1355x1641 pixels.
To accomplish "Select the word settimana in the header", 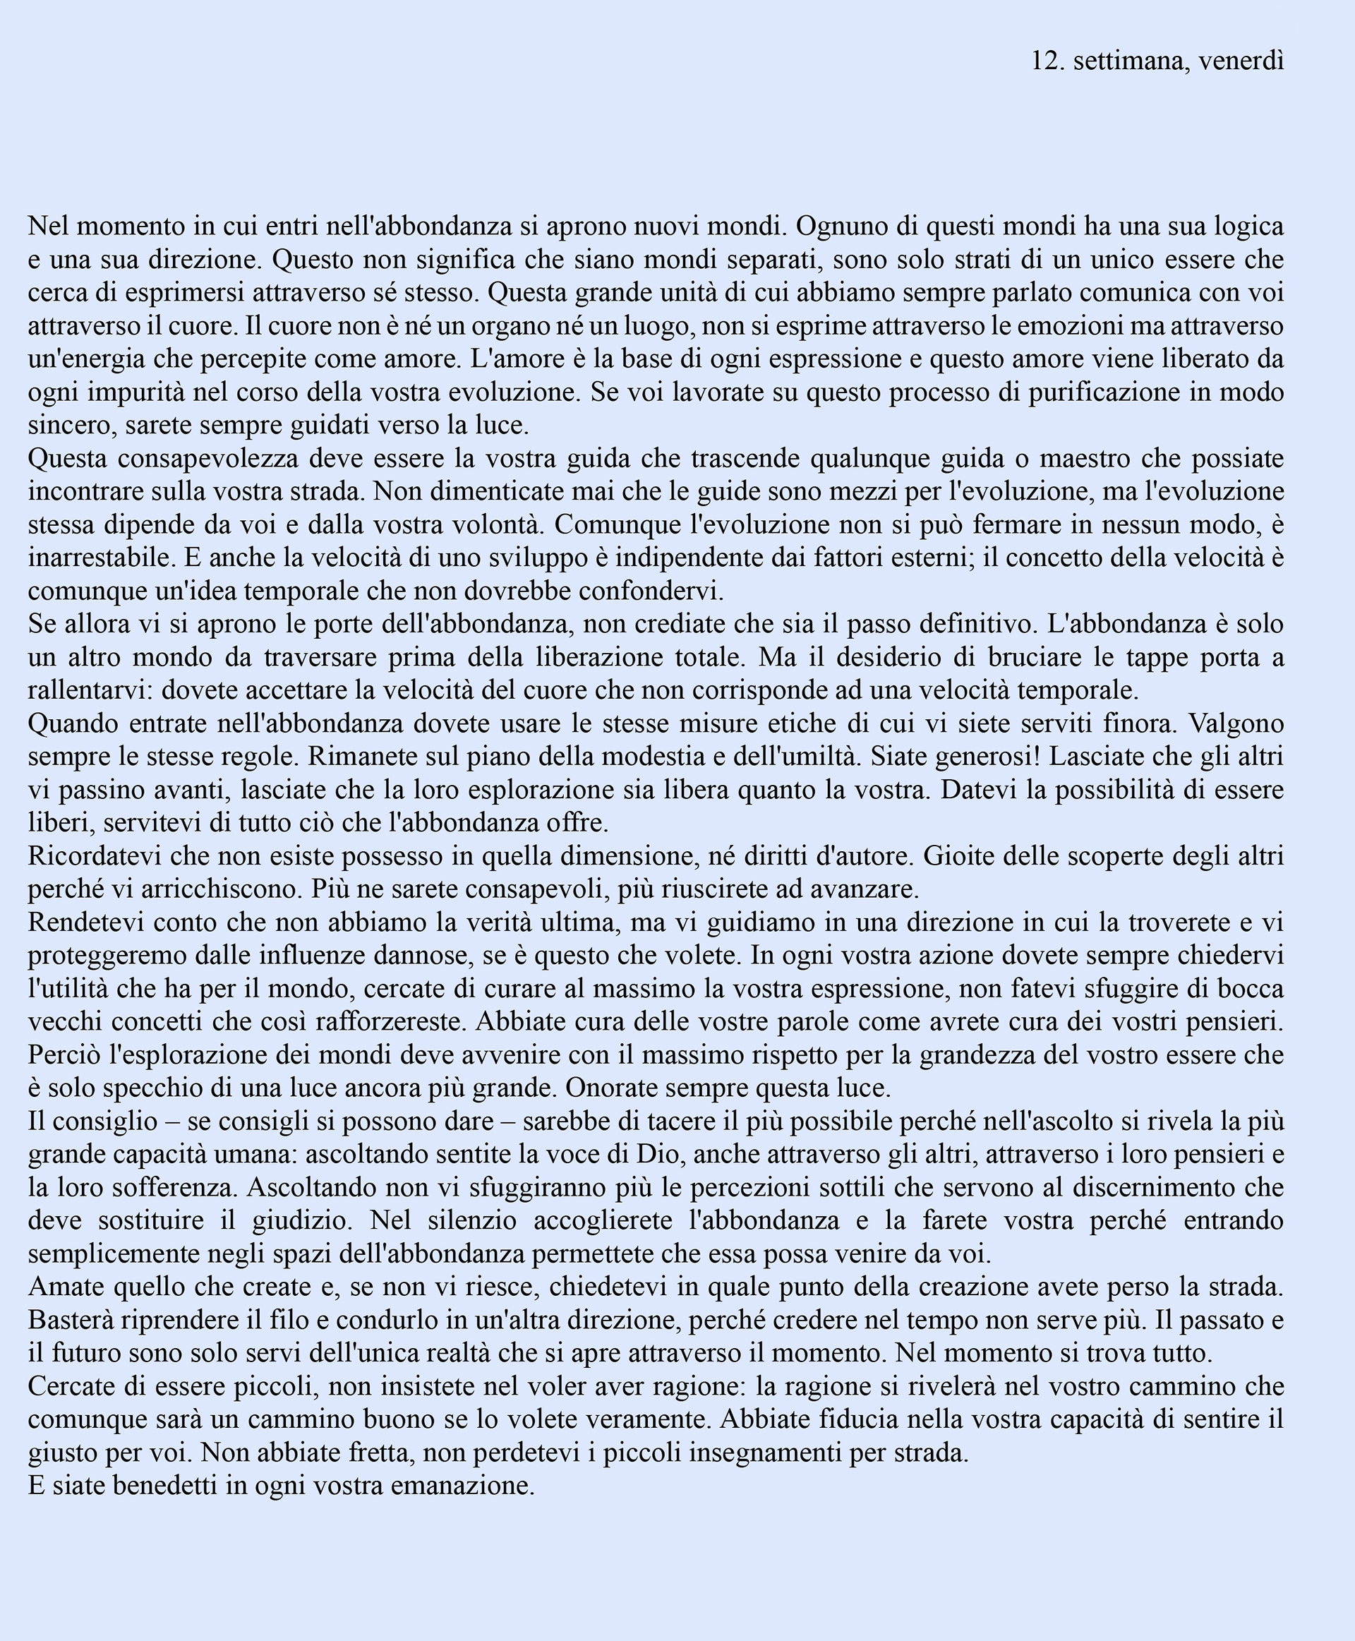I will [x=1131, y=61].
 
